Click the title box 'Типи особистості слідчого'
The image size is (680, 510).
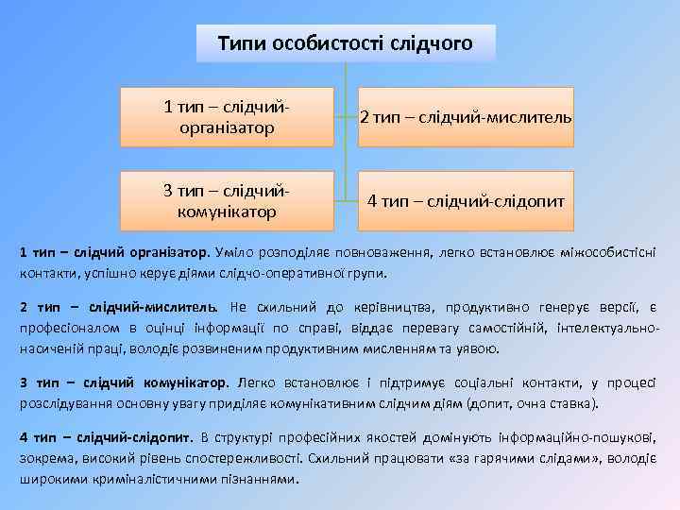point(346,43)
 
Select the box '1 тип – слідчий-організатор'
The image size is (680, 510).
point(227,117)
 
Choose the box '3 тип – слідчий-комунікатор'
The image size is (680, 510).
point(227,201)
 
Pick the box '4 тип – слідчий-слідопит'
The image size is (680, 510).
point(466,201)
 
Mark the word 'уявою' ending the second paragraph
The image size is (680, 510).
point(479,348)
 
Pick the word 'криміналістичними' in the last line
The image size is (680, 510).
point(141,478)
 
